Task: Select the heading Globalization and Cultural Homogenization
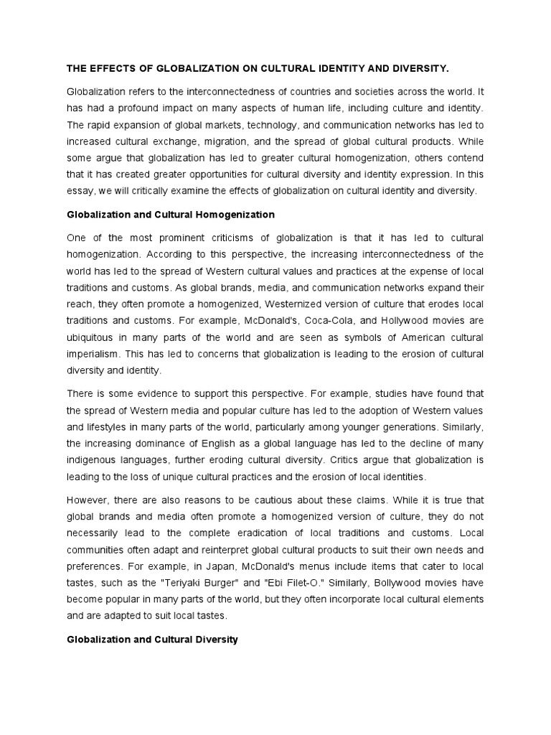(171, 215)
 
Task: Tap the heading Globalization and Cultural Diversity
(152, 638)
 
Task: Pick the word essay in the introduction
(80, 190)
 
